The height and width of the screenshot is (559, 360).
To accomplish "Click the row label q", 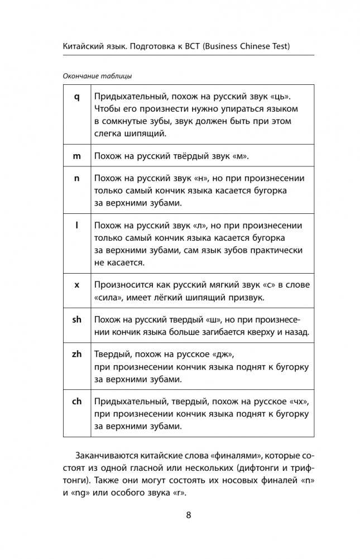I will pos(77,97).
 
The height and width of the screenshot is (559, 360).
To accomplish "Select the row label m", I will pos(77,156).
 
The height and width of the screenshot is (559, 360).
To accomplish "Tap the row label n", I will pos(77,179).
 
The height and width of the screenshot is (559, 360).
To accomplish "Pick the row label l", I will pos(77,225).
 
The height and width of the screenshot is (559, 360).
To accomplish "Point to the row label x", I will pos(77,284).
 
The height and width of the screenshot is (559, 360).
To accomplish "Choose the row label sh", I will pos(77,319).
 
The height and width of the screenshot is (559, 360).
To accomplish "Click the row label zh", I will pos(77,354).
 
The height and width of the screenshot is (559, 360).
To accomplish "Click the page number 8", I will pos(188,514).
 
